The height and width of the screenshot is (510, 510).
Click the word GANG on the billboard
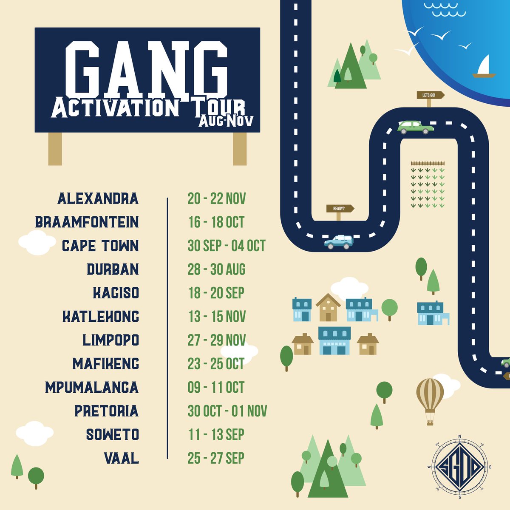tap(147, 68)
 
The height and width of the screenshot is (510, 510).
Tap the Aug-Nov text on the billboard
tap(226, 121)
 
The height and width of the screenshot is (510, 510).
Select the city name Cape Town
tap(100, 246)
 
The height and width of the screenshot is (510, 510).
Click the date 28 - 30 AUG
tap(216, 269)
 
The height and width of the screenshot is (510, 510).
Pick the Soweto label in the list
tap(112, 434)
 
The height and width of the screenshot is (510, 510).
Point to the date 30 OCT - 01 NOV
tap(227, 411)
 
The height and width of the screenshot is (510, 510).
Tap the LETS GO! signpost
tap(431, 95)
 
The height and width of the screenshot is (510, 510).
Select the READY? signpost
tap(340, 209)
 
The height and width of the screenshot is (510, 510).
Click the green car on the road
tap(415, 127)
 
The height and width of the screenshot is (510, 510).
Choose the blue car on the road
tap(339, 242)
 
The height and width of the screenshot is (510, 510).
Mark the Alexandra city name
tap(98, 198)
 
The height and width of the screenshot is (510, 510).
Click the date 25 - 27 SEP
tap(216, 458)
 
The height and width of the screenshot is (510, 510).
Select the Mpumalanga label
tap(92, 387)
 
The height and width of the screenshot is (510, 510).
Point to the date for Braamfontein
tap(216, 222)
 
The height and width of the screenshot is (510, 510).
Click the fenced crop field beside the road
tap(428, 185)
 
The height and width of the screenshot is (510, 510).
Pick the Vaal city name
tap(121, 458)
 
